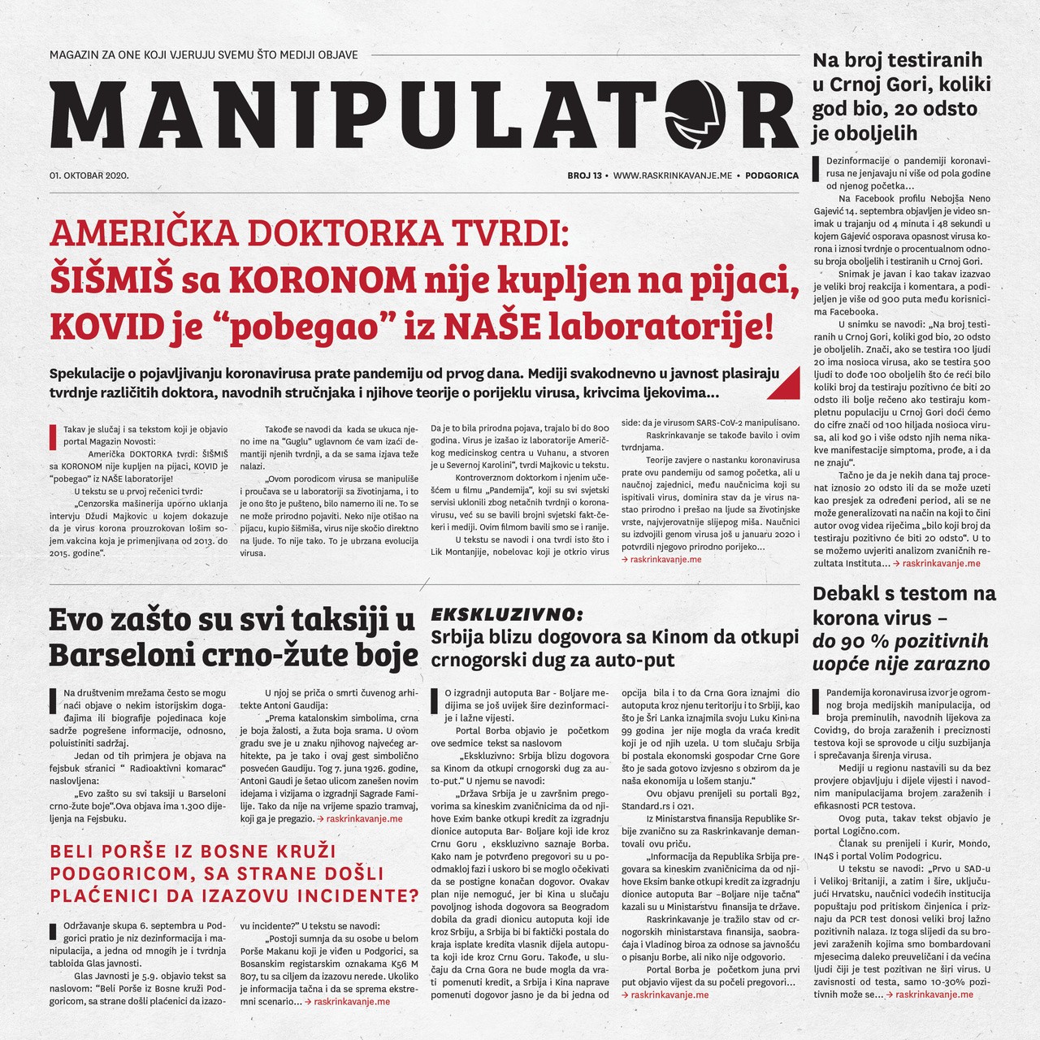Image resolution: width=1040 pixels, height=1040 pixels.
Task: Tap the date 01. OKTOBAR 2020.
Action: (89, 175)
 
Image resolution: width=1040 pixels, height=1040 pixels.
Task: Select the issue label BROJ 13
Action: (584, 175)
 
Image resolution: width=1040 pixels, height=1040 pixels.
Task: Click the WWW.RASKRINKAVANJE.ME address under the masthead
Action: (674, 175)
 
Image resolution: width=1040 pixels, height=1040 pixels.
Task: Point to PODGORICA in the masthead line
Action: (772, 175)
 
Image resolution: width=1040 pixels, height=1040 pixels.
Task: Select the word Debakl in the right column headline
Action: (853, 593)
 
